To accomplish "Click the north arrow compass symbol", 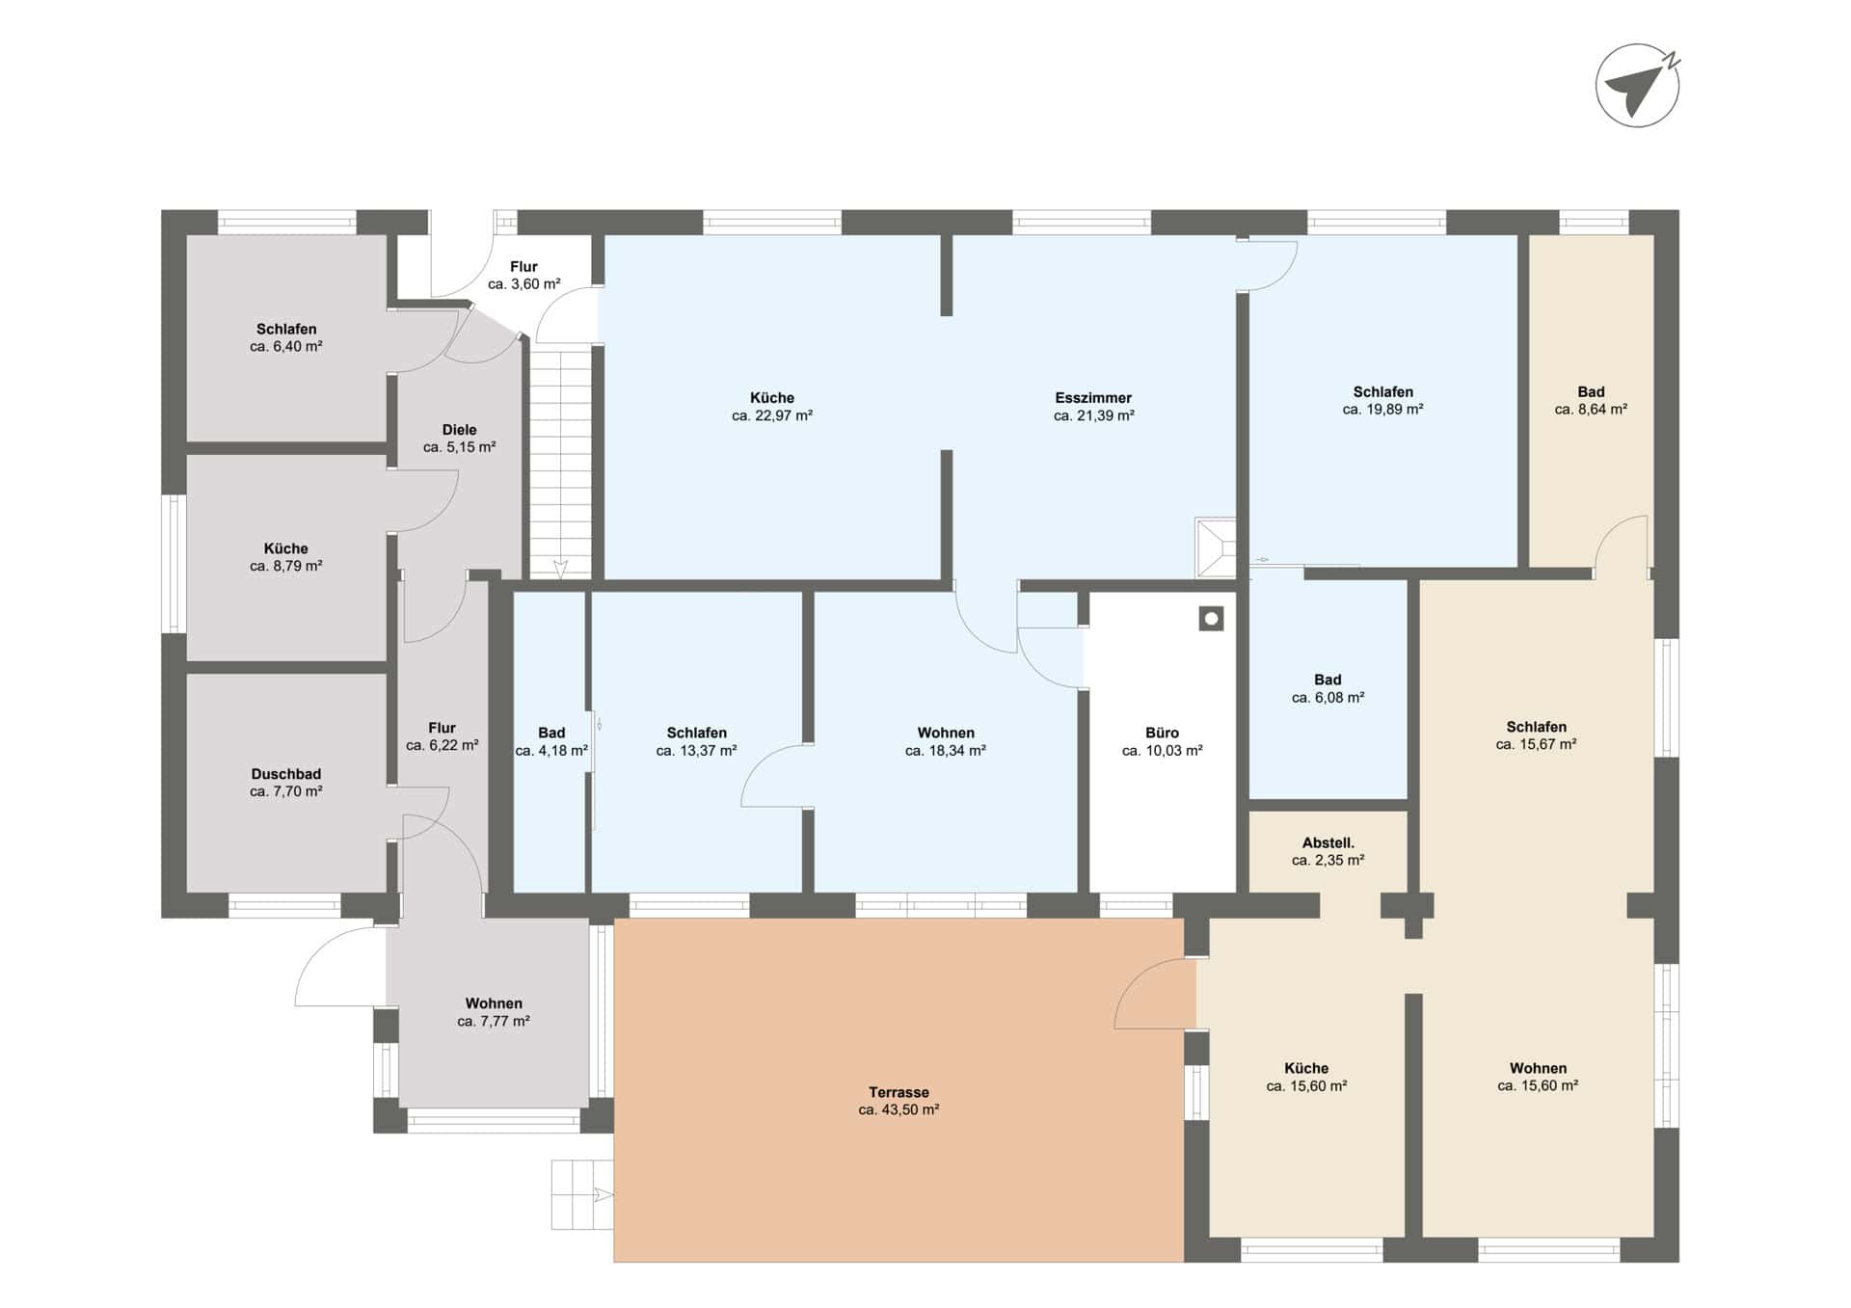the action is click(1637, 86).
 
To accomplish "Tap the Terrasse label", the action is click(899, 1092).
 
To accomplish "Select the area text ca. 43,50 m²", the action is click(899, 1109).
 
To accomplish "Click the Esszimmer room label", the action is click(1093, 397).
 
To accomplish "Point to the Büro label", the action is click(1163, 733).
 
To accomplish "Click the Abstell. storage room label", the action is click(1328, 842).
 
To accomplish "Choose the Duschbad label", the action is click(286, 774).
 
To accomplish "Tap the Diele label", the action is click(459, 430).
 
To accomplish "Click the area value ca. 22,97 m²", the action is click(772, 415).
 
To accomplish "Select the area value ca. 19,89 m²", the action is click(1383, 409).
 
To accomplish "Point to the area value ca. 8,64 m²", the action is click(1591, 409).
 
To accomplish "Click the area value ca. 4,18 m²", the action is click(551, 751).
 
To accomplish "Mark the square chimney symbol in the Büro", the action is click(1212, 619).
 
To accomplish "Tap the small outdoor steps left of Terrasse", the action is click(582, 1195).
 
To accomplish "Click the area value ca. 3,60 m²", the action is click(523, 284).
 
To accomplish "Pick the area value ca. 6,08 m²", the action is click(1328, 697).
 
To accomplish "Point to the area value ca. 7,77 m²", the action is click(494, 1021).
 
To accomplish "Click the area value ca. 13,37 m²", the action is click(696, 751).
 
